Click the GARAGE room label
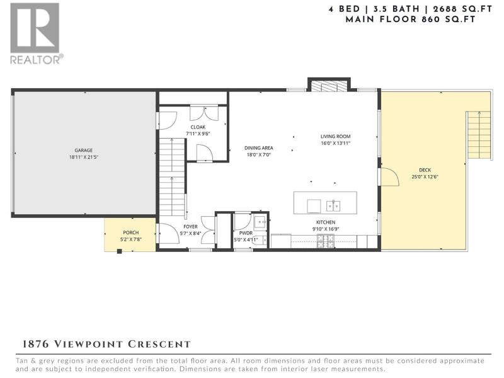click(84, 150)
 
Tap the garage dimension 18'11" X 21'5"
click(84, 157)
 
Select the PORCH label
click(131, 232)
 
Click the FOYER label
click(191, 227)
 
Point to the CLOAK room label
click(198, 127)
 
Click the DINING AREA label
click(259, 148)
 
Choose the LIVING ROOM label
click(336, 136)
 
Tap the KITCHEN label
click(326, 222)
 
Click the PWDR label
click(246, 233)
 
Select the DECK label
click(425, 170)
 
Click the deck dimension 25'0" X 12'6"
click(425, 177)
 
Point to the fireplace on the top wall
click(329, 86)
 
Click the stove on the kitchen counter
click(326, 241)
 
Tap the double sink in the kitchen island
click(333, 206)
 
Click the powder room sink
click(260, 222)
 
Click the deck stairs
click(479, 135)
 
